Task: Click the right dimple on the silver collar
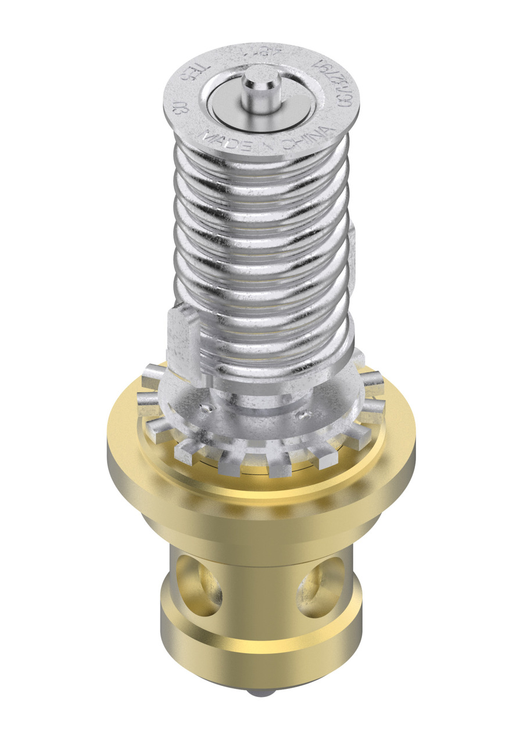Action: point(302,415)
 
